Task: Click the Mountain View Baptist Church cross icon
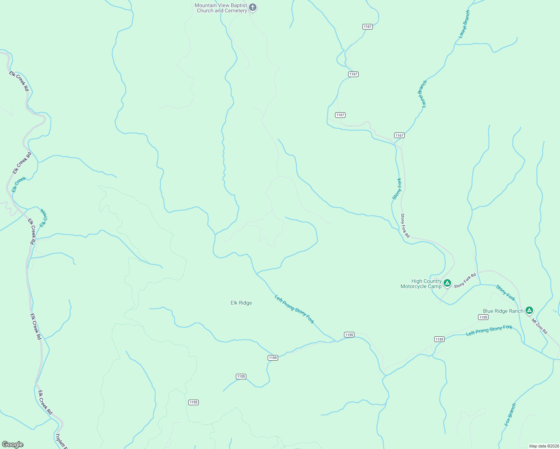253,7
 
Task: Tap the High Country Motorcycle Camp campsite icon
447,283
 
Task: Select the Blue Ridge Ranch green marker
529,310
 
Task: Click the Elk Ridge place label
241,303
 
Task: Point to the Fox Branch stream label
510,414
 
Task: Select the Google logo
12,445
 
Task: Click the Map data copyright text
544,446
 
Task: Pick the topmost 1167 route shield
367,27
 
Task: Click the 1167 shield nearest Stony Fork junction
399,135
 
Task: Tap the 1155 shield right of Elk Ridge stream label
349,335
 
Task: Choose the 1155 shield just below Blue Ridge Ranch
483,317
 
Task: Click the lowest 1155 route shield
193,402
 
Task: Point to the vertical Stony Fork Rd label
405,226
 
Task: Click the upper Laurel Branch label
464,24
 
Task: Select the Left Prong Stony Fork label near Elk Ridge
294,309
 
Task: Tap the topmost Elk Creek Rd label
19,81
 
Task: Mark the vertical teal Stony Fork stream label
397,189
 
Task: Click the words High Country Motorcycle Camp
421,284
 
